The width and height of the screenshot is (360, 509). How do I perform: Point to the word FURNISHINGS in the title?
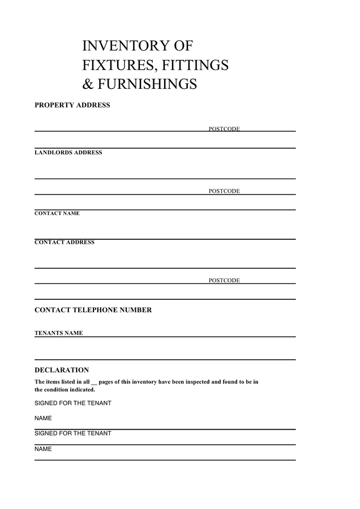(x=147, y=84)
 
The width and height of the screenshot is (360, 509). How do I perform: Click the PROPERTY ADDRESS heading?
(x=72, y=105)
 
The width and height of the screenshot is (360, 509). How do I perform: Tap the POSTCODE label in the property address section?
(x=224, y=129)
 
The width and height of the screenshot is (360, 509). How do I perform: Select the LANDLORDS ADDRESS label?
(x=68, y=153)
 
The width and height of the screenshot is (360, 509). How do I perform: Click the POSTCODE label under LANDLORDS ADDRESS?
(x=224, y=191)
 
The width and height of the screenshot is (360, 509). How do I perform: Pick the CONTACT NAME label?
(x=57, y=214)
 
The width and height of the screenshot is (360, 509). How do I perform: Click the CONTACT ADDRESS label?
(x=65, y=243)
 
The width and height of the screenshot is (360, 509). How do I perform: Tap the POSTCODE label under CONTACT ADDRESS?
(x=224, y=281)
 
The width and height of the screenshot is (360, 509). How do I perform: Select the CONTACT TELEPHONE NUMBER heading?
(x=93, y=310)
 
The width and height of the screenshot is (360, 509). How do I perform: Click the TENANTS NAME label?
(x=59, y=333)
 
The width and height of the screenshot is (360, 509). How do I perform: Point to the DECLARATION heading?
(x=62, y=370)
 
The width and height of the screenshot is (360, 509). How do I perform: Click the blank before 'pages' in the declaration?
(x=94, y=382)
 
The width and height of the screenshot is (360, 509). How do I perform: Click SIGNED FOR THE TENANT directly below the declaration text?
(x=73, y=403)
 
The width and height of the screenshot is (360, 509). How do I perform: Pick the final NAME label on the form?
(x=43, y=449)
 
